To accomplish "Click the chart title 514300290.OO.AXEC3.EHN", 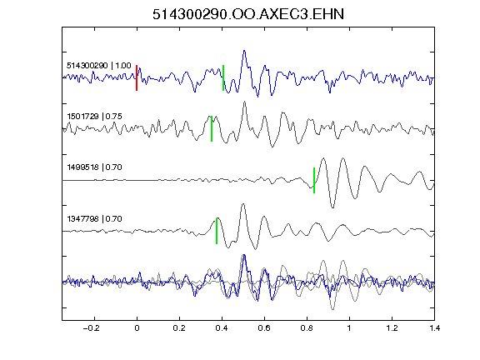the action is pyautogui.click(x=248, y=14).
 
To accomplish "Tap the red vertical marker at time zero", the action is pyautogui.click(x=137, y=77).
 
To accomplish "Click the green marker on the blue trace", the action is pyautogui.click(x=223, y=77).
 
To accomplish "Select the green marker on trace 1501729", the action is pyautogui.click(x=212, y=128).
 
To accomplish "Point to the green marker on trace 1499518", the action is pyautogui.click(x=314, y=180).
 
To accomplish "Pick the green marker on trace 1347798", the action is pyautogui.click(x=217, y=231).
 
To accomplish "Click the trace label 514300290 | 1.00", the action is pyautogui.click(x=99, y=66).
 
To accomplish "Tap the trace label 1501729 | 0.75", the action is pyautogui.click(x=95, y=117).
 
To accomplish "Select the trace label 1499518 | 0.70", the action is pyautogui.click(x=95, y=167).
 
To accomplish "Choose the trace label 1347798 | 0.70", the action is pyautogui.click(x=95, y=219).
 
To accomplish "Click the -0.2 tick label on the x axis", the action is pyautogui.click(x=92, y=328).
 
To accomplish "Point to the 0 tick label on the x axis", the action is pyautogui.click(x=137, y=328).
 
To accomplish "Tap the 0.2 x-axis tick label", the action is pyautogui.click(x=179, y=328).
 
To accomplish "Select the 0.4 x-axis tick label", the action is pyautogui.click(x=222, y=328).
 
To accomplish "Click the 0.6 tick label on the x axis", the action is pyautogui.click(x=264, y=328).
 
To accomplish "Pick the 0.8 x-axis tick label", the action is pyautogui.click(x=307, y=328).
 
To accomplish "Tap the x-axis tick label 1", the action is pyautogui.click(x=349, y=328).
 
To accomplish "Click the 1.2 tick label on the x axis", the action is pyautogui.click(x=392, y=328).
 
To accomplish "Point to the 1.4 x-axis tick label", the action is pyautogui.click(x=434, y=328).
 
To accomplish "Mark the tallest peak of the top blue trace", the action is pyautogui.click(x=244, y=51).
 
